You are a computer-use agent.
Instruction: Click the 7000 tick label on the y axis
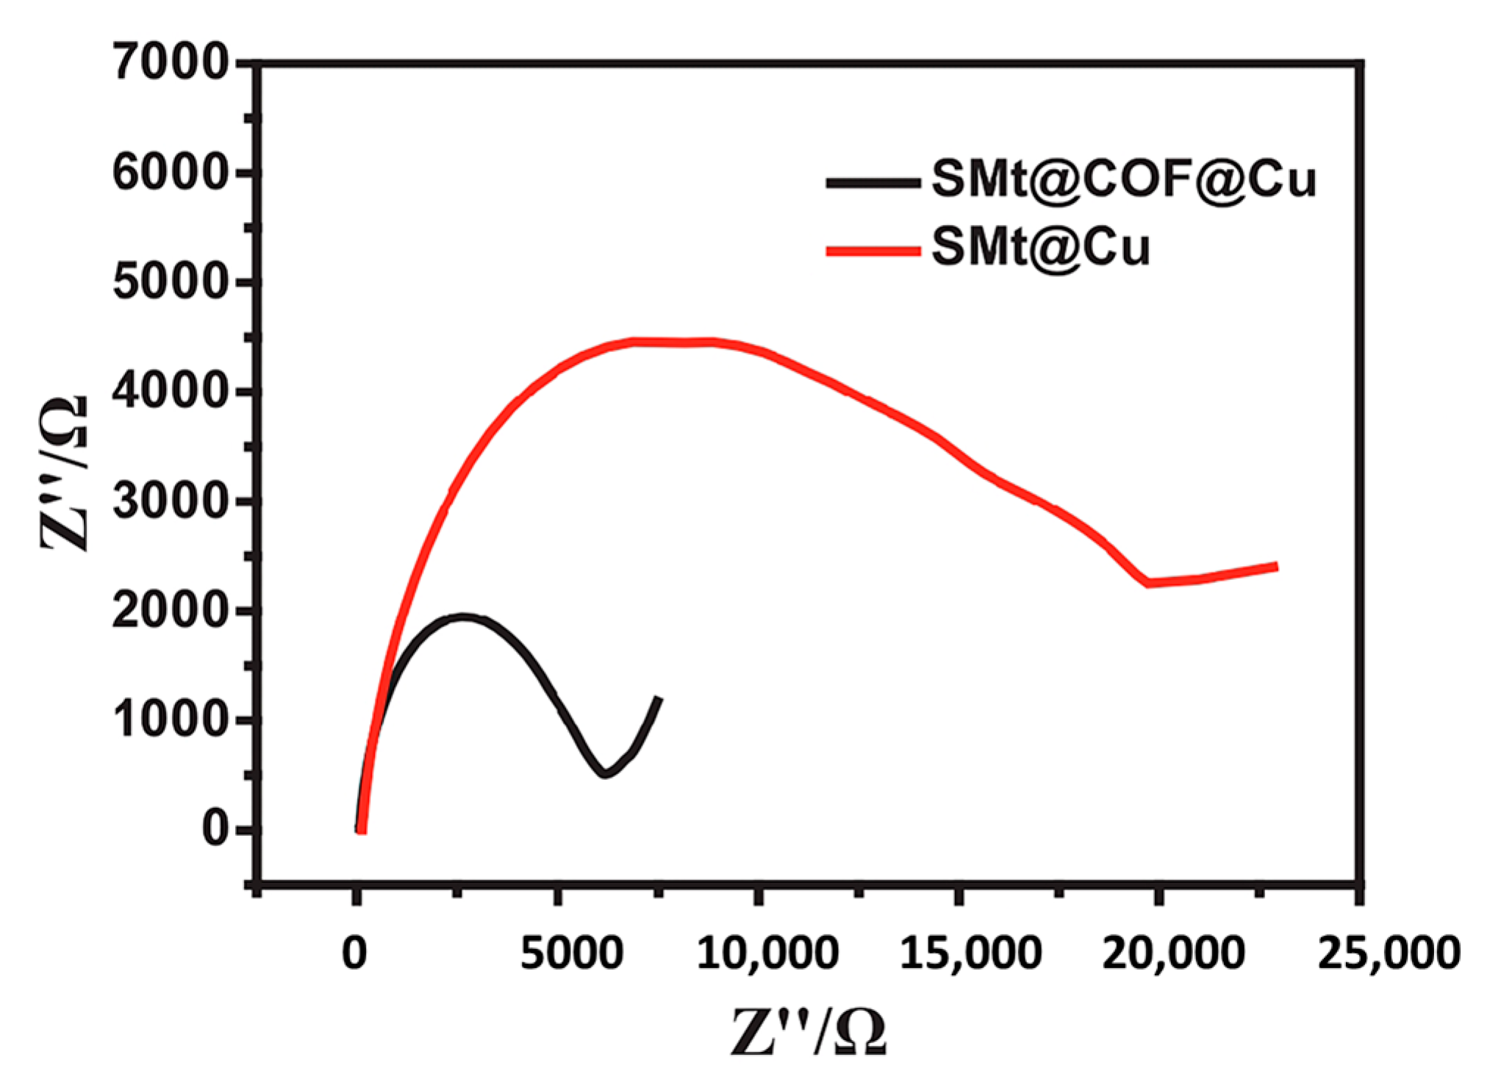tap(171, 62)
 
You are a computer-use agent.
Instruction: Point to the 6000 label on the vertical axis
tap(171, 174)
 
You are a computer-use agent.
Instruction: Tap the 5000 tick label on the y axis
tap(171, 283)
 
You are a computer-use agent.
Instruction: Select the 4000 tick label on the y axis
tap(171, 392)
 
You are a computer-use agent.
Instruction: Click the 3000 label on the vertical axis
tap(171, 501)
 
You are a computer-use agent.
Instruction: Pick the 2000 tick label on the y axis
tap(171, 611)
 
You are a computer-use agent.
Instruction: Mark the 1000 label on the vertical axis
tap(171, 720)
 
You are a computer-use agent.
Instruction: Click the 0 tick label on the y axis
tap(215, 829)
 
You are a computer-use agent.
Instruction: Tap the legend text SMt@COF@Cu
tap(1123, 180)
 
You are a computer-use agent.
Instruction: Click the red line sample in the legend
tap(873, 251)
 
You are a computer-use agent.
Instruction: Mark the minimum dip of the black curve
tap(604, 773)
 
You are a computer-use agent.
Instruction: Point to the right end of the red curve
tap(1276, 566)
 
